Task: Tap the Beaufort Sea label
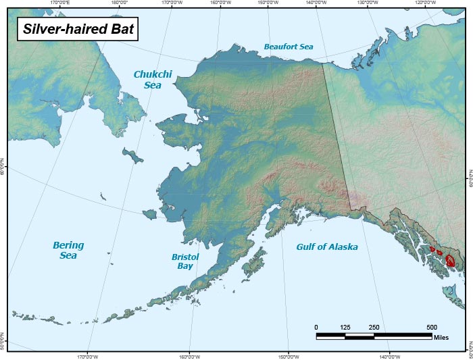point(289,47)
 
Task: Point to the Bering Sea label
point(68,251)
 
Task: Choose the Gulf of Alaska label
point(327,247)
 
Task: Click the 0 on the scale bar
point(316,328)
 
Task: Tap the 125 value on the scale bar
point(345,328)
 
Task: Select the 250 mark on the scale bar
point(374,328)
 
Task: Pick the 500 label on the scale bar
point(432,328)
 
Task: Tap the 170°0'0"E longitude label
point(61,3)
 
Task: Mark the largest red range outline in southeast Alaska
point(450,260)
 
